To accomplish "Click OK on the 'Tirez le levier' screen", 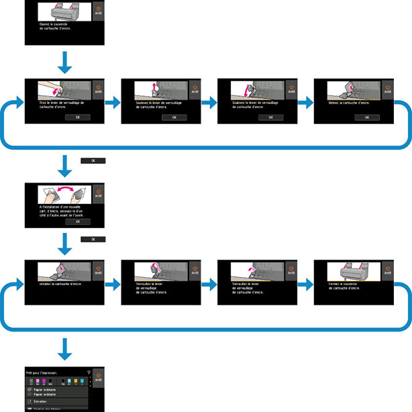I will (79, 117).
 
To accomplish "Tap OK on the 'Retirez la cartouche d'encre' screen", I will (368, 117).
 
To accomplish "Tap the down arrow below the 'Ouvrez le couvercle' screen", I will (65, 63).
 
